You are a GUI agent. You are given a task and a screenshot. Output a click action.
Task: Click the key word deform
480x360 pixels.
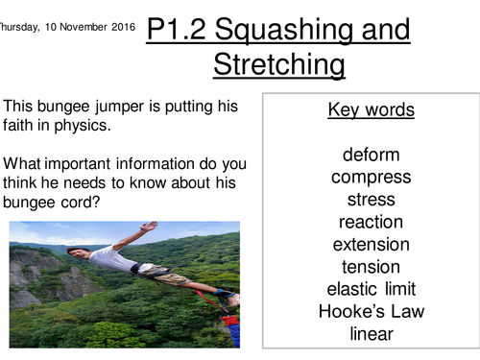point(371,155)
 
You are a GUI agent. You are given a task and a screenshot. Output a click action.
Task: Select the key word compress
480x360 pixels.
point(371,177)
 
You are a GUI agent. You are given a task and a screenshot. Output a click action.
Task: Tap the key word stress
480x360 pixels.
point(371,200)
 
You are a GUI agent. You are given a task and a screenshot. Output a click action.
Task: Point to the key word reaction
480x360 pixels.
point(371,222)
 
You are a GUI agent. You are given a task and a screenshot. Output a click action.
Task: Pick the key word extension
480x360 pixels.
point(371,244)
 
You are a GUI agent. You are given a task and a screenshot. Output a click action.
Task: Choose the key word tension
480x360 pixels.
point(371,266)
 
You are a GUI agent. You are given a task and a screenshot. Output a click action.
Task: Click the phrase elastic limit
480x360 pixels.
point(371,288)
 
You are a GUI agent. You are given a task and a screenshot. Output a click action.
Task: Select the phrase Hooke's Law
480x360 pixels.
point(371,311)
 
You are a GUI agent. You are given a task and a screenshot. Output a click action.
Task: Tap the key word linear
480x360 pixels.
point(371,333)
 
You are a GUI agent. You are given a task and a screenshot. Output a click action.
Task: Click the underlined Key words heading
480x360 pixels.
point(371,110)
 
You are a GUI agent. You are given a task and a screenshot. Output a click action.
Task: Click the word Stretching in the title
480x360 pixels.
point(278,65)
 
